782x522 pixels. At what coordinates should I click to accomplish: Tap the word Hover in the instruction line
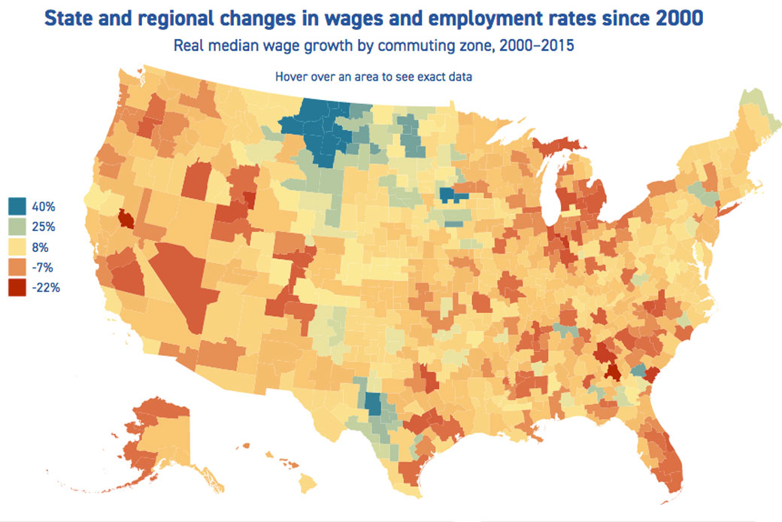click(x=292, y=76)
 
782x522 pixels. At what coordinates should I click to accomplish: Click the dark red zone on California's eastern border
click(x=126, y=220)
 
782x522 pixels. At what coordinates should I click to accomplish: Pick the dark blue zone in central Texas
click(x=373, y=405)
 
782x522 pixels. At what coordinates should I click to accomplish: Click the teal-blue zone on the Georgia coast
click(x=638, y=370)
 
